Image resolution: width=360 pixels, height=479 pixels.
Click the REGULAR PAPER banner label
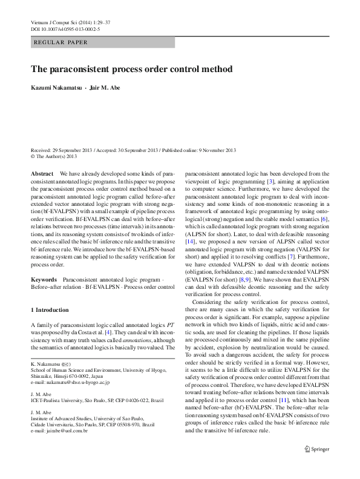click(x=61, y=42)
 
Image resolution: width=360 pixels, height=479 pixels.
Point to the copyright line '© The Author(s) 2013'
click(x=54, y=156)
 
